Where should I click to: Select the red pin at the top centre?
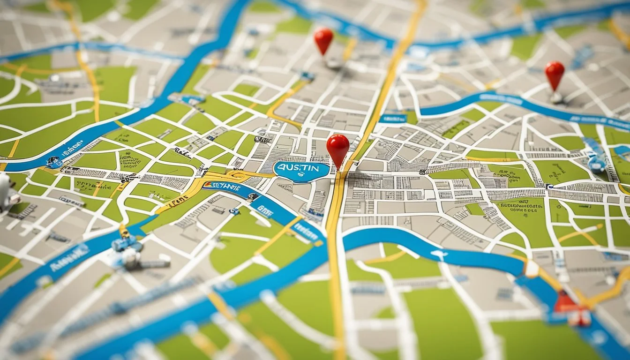pos(323,39)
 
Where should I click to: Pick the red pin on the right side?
pos(555,74)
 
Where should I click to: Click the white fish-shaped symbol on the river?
pos(438,254)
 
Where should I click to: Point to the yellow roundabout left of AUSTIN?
pos(237,177)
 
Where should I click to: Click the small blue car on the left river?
pos(54,162)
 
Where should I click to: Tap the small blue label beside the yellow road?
pos(392,119)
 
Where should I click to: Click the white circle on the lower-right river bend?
pos(532,268)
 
